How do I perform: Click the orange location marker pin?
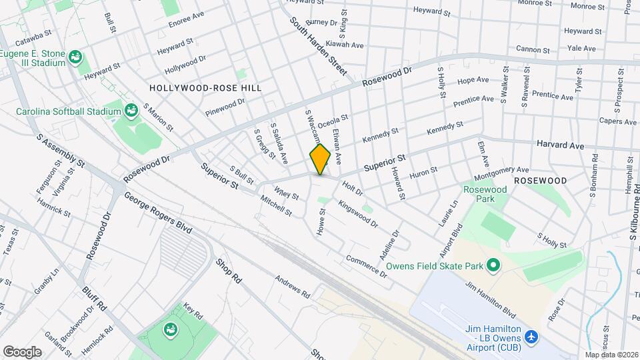pyautogui.click(x=320, y=159)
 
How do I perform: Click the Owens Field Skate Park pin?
pyautogui.click(x=493, y=266)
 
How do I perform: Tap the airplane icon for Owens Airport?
pyautogui.click(x=531, y=337)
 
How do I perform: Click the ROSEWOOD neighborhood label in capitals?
pyautogui.click(x=540, y=181)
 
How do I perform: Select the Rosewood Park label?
pyautogui.click(x=485, y=194)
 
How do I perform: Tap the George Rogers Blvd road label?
pyautogui.click(x=158, y=213)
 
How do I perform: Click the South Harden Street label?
pyautogui.click(x=319, y=45)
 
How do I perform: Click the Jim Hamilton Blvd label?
pyautogui.click(x=491, y=299)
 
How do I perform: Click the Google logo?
pyautogui.click(x=22, y=351)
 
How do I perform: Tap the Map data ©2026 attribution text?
pyautogui.click(x=611, y=355)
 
